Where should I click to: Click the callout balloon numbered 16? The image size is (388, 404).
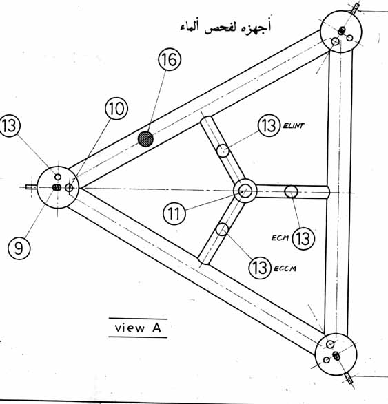[x=170, y=59]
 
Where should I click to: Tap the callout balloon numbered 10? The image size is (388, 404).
[x=116, y=109]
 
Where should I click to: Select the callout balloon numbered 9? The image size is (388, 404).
[x=19, y=248]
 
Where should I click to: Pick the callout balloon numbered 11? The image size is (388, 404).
[x=174, y=213]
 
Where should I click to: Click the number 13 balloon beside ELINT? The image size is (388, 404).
[x=269, y=126]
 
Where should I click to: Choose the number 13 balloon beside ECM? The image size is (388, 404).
[x=303, y=239]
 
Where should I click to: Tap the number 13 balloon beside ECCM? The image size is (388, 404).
[x=260, y=267]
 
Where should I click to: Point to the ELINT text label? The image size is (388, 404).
[x=294, y=126]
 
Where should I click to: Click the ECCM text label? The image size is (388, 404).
[x=285, y=268]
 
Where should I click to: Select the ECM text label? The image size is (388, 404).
[x=280, y=237]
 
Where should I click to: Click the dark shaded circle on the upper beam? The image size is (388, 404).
[x=145, y=139]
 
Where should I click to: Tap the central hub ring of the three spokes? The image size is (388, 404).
[x=245, y=191]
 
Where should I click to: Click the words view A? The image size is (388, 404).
[x=138, y=328]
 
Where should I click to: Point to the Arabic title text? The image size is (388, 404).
[x=226, y=27]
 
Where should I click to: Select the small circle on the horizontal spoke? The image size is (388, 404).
[x=291, y=192]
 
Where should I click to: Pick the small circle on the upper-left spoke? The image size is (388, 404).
[x=223, y=151]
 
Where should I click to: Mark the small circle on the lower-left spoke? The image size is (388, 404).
[x=222, y=229]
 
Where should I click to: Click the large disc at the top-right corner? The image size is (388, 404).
[x=340, y=32]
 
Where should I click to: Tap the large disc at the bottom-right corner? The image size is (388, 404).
[x=336, y=354]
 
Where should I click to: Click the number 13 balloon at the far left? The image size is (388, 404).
[x=9, y=126]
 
